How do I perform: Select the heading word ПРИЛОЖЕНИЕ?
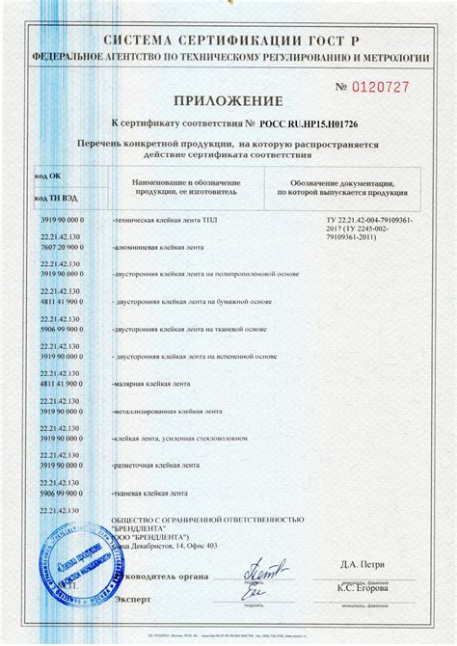[228, 101]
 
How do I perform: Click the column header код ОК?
[48, 176]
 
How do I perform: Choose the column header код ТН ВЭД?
[54, 198]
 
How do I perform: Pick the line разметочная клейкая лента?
[155, 465]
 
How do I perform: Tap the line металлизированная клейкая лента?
[166, 411]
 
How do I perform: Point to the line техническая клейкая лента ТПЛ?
[165, 221]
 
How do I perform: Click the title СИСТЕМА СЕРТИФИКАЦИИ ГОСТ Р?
[228, 43]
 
